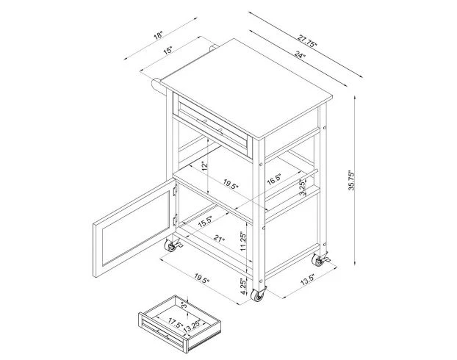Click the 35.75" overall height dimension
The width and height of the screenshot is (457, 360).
[351, 181]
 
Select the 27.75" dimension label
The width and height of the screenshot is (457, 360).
[307, 41]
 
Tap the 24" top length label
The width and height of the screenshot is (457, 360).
[299, 54]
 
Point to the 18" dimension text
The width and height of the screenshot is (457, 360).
[159, 35]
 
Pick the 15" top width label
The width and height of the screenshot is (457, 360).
[168, 51]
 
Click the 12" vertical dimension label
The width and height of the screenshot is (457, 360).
[205, 165]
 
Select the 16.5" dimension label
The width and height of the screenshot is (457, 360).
[273, 179]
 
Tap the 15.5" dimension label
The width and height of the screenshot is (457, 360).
[205, 222]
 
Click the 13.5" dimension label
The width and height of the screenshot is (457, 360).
[308, 279]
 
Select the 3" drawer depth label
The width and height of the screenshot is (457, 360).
[184, 306]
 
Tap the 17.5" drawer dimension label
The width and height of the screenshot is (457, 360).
[176, 323]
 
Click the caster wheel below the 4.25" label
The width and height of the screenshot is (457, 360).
[258, 295]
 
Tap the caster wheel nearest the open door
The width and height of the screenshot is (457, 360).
[172, 245]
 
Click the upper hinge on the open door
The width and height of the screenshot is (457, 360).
[175, 190]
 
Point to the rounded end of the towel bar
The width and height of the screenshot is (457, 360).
[155, 84]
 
